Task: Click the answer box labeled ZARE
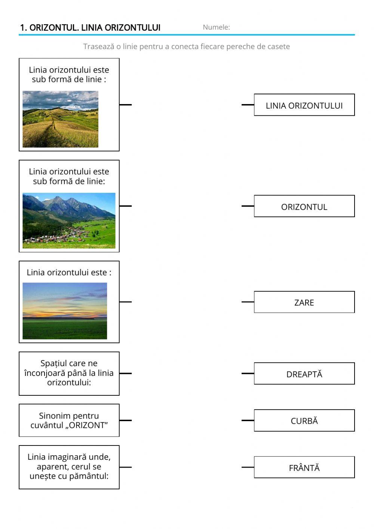tap(304, 302)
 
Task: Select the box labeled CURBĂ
tap(304, 420)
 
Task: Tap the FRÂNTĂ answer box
tap(304, 467)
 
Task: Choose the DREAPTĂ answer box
tap(304, 374)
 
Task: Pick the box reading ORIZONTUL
tap(304, 206)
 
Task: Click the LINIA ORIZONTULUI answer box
tap(304, 105)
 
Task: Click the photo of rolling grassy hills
tap(60, 119)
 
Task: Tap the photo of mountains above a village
tap(69, 221)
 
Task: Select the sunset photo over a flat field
tap(65, 311)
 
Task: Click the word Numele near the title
tap(216, 27)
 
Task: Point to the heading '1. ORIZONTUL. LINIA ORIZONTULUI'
tap(90, 27)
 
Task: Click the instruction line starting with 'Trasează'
tap(186, 46)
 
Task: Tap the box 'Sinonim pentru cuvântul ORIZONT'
tap(69, 420)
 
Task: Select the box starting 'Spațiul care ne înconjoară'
tap(69, 373)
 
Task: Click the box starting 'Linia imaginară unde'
tap(69, 467)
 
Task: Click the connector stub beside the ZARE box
tap(248, 302)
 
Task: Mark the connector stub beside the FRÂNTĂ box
tap(248, 467)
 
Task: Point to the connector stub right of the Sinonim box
tap(126, 420)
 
